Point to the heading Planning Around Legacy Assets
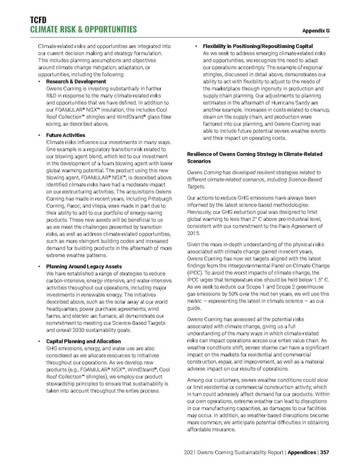(x=85, y=266)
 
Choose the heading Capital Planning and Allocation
(x=83, y=342)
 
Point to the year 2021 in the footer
(x=198, y=452)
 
